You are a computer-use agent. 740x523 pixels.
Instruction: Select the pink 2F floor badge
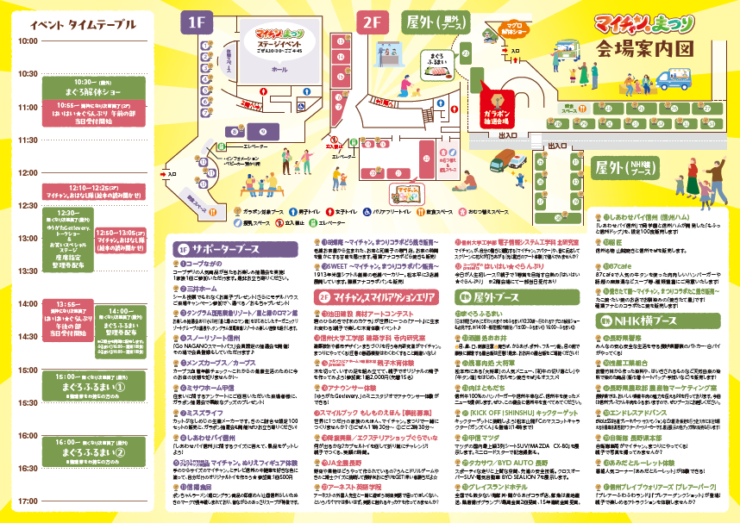pos(372,22)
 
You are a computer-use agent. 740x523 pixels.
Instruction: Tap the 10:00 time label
pos(28,40)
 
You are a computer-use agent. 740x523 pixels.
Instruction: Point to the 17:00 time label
pos(28,499)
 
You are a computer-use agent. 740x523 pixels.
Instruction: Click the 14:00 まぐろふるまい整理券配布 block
pos(121,321)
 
